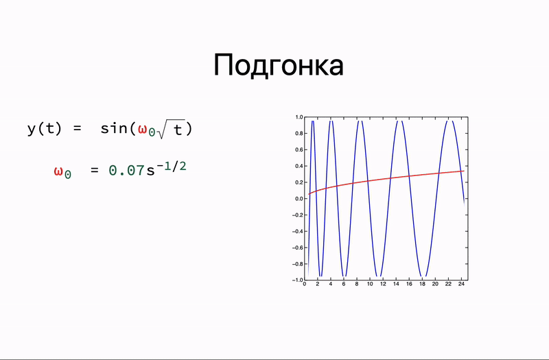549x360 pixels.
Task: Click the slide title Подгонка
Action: (278, 66)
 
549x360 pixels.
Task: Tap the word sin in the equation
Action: (113, 129)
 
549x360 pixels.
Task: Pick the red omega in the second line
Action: (59, 171)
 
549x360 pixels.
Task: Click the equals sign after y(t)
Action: (78, 129)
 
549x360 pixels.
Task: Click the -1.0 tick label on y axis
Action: (297, 280)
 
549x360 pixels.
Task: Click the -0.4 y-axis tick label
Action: (297, 231)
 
